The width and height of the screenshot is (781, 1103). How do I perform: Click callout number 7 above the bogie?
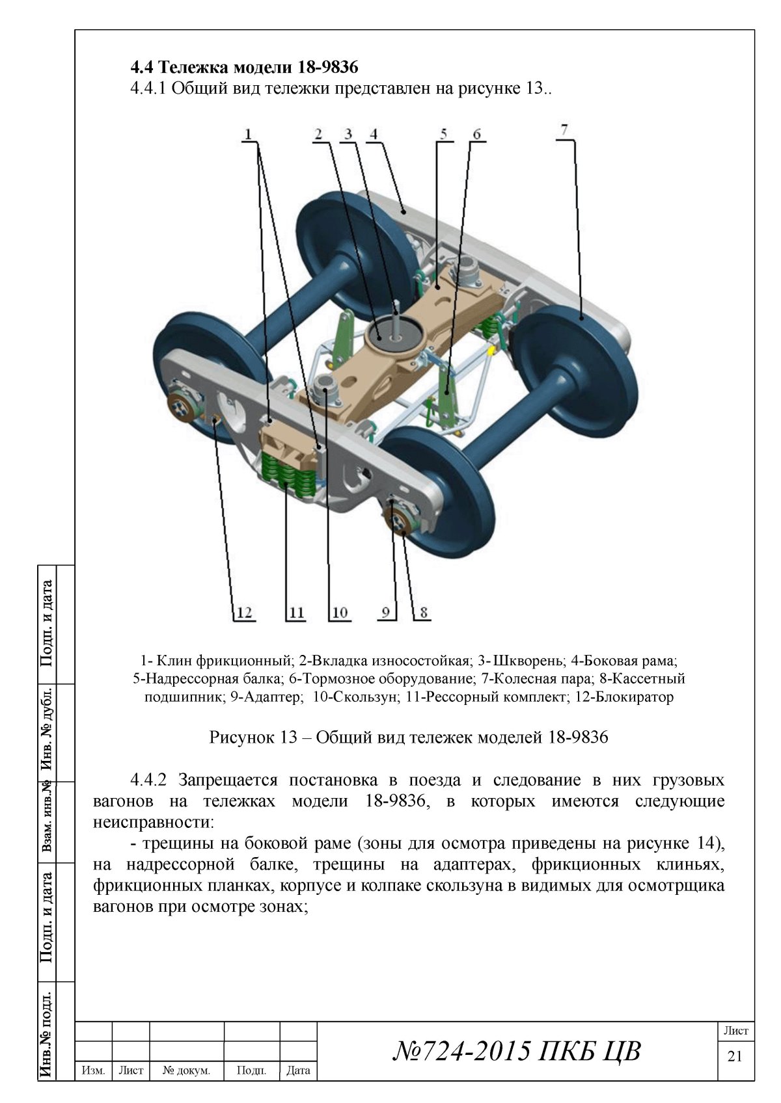tap(564, 129)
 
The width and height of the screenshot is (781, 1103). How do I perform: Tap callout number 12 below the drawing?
tap(244, 612)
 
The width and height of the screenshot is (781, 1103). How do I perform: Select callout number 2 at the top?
tap(318, 134)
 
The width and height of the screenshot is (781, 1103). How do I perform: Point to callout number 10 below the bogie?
tap(340, 612)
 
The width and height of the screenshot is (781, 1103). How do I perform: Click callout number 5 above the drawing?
tap(443, 134)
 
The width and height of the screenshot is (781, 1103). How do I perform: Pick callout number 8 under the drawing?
tap(423, 612)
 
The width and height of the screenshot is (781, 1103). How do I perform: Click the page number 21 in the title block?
tap(734, 1056)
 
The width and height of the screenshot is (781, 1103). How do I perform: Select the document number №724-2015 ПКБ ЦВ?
tap(517, 1050)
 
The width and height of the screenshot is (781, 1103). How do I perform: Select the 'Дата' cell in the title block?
tap(298, 1070)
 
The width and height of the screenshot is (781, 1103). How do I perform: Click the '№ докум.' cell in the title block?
tap(187, 1070)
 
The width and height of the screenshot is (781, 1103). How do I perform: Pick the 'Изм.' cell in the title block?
tap(94, 1070)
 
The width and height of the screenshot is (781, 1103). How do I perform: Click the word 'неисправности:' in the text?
tap(153, 822)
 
